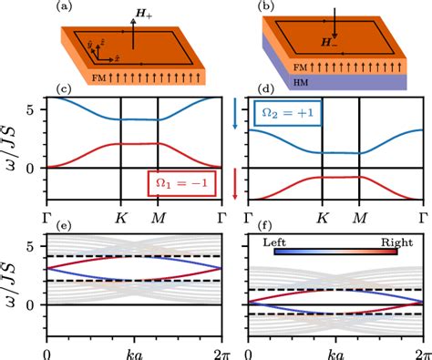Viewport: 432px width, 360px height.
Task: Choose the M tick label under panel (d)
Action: [351, 219]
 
